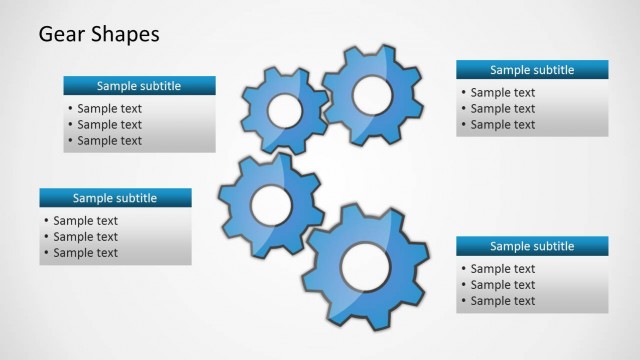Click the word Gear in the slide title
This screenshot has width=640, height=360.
tap(59, 35)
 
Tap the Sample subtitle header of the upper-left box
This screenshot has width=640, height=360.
tap(139, 86)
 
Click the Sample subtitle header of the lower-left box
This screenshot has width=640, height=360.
tap(115, 198)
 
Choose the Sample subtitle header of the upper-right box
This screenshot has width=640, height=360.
tap(532, 70)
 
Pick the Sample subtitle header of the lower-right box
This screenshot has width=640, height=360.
tap(532, 246)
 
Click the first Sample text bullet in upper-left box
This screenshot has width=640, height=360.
tap(109, 109)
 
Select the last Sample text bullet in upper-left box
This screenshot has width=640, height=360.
tap(109, 141)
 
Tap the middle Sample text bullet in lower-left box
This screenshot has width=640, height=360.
tap(85, 237)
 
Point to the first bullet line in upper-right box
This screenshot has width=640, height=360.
tap(503, 93)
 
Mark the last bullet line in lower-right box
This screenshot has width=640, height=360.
tap(503, 301)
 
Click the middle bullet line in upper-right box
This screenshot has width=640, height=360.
tap(503, 109)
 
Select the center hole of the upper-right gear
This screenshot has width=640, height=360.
tap(372, 94)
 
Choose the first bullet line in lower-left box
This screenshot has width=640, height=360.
tap(85, 221)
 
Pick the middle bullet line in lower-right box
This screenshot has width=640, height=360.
tap(503, 285)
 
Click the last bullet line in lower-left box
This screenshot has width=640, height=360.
tap(85, 253)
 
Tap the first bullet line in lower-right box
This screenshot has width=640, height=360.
tap(503, 269)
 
